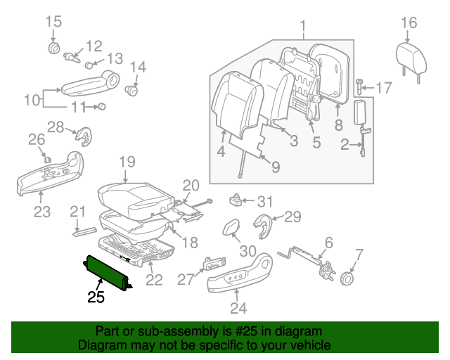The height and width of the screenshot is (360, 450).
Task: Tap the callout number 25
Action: [x=96, y=297]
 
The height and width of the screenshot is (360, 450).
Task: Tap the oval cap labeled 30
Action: [x=231, y=228]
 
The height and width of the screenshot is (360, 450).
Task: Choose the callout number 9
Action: [x=275, y=167]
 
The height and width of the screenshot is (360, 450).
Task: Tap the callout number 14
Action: [x=137, y=67]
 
